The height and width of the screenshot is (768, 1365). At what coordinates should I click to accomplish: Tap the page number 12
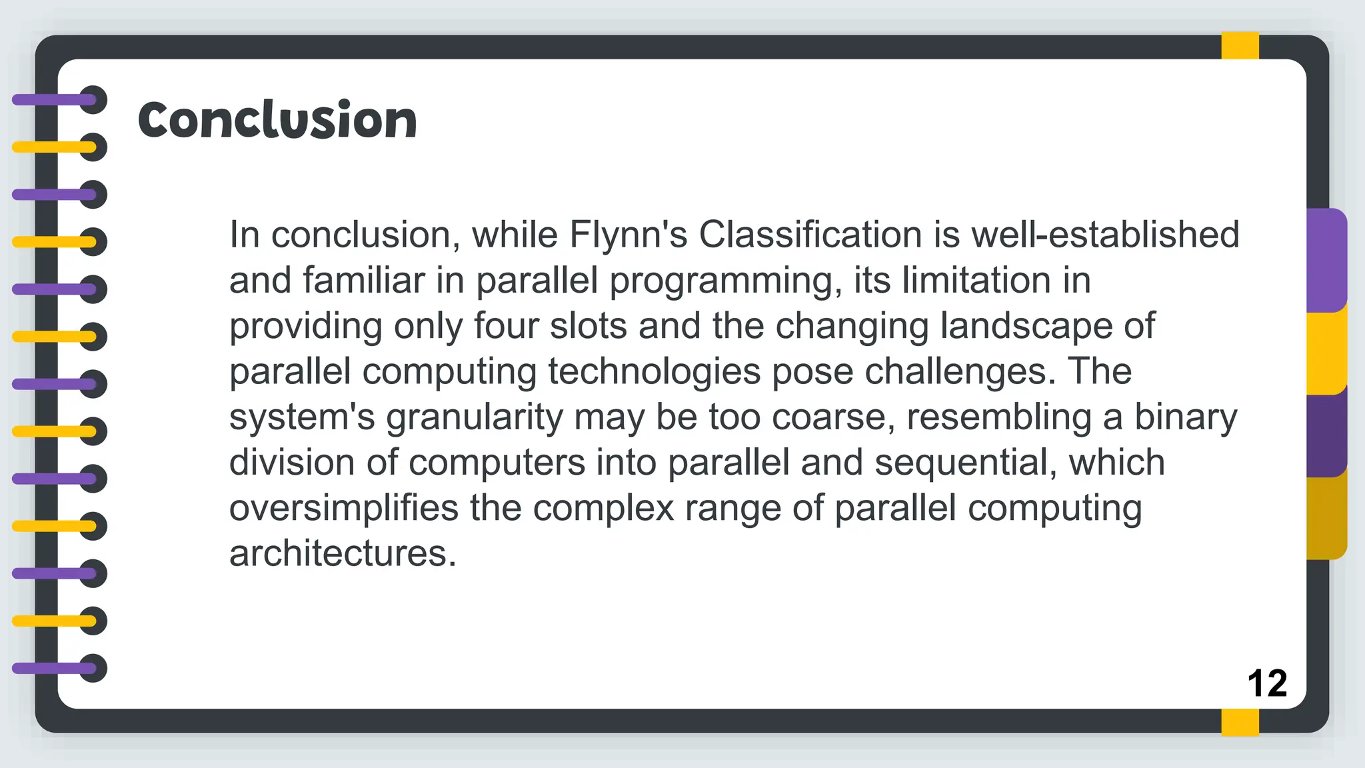[x=1266, y=683]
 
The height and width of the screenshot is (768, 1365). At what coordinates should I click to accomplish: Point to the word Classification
[x=810, y=235]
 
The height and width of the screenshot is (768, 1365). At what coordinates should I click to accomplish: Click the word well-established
[x=1105, y=235]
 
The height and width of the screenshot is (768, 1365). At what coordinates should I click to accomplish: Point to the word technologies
[x=655, y=371]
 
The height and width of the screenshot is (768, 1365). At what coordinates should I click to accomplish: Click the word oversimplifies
[x=344, y=508]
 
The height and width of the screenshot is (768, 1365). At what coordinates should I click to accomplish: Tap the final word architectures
[x=343, y=553]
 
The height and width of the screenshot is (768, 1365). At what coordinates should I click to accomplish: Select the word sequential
[x=966, y=463]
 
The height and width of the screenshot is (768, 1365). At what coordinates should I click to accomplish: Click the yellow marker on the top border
[x=1240, y=45]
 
